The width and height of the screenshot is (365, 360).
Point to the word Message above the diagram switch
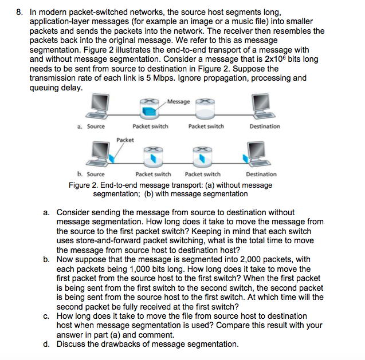[179, 101]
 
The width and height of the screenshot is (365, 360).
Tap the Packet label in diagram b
[125, 140]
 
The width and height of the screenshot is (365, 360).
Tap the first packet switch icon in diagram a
[150, 107]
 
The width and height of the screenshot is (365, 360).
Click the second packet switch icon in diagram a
[205, 107]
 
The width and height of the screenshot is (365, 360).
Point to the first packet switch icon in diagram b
[152, 155]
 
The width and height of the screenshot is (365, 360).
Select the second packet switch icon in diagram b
[201, 155]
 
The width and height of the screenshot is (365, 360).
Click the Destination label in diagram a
[265, 126]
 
